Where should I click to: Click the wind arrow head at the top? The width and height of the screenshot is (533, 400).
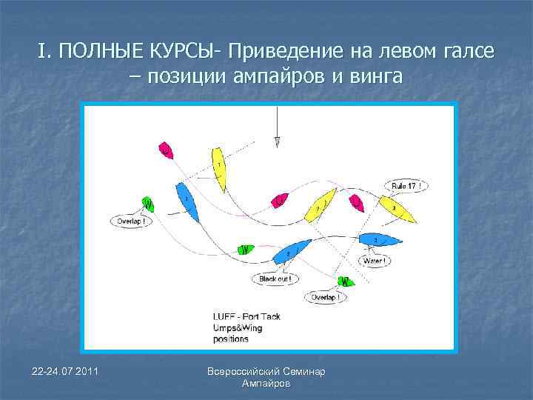click(276, 141)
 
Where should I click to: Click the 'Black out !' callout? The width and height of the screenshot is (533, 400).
click(275, 279)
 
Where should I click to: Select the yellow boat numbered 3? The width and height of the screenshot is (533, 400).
click(398, 210)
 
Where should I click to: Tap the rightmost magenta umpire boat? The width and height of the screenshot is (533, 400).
click(356, 201)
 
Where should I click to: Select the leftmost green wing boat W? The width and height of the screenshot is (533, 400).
click(148, 204)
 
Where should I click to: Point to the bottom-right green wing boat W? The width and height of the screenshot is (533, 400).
click(344, 281)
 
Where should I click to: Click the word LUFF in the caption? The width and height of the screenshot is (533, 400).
click(225, 316)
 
